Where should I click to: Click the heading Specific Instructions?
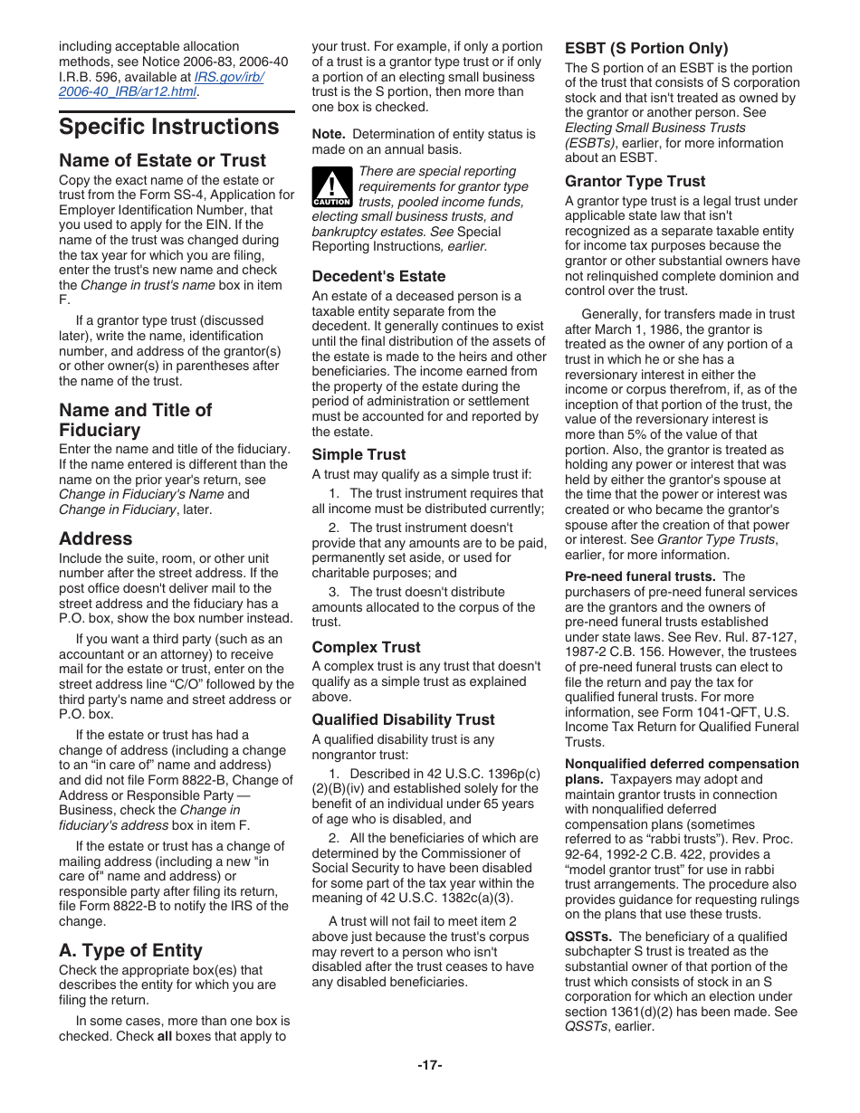[x=169, y=127]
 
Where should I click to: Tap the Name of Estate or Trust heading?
[x=163, y=160]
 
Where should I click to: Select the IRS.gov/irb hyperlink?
[x=229, y=76]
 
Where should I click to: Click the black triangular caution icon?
[x=332, y=187]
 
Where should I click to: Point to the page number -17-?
[x=429, y=1065]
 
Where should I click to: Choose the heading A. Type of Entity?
[x=131, y=950]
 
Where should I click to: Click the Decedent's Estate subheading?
[x=378, y=276]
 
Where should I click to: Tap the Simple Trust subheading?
[x=358, y=454]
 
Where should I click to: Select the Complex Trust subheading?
[x=366, y=647]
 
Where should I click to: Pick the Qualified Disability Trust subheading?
[x=403, y=719]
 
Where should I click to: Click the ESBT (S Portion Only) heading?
[x=646, y=48]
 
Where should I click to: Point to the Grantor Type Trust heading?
[x=635, y=181]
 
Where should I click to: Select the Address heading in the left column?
[x=96, y=538]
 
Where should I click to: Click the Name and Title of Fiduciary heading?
[x=135, y=420]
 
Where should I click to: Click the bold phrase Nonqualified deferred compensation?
[x=682, y=764]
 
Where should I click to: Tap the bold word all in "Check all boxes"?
[x=164, y=1036]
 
